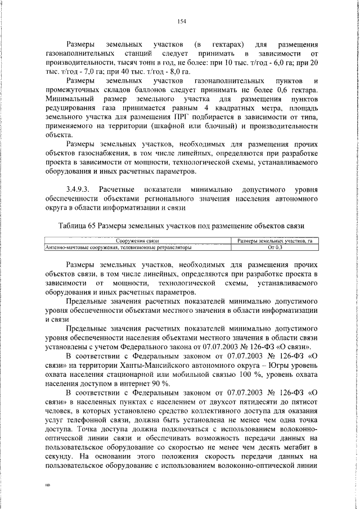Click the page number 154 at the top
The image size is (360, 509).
point(181,22)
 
